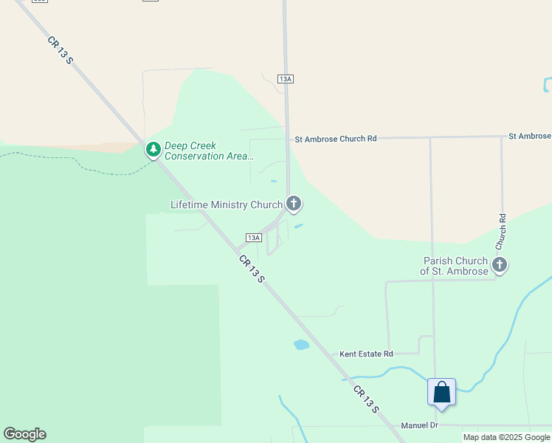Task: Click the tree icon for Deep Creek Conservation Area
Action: pos(153,150)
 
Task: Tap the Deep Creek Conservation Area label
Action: pos(209,151)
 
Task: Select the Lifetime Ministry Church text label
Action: pos(227,205)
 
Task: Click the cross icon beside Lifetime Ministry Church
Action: pos(294,204)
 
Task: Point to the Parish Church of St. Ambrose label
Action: pos(455,266)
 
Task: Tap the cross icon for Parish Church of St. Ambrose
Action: pos(500,265)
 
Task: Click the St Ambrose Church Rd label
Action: pos(336,139)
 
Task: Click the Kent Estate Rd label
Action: pos(366,354)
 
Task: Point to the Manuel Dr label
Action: pos(419,425)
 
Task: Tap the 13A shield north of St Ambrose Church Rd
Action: pos(286,78)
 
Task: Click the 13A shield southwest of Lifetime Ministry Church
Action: pos(253,238)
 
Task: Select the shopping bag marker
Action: pos(441,392)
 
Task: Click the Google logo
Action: pos(24,434)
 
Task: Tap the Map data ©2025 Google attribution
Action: pos(506,437)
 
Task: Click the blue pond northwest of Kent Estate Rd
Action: pos(301,344)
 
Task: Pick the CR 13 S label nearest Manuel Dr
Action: pos(365,399)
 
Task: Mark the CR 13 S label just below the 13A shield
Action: pos(252,268)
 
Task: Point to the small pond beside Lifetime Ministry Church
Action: pos(298,226)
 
